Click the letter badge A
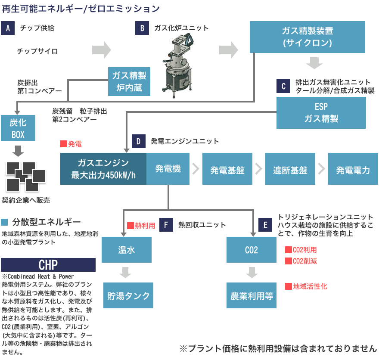8,28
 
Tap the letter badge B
142,28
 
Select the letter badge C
283,86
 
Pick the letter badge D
138,141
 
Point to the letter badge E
265,225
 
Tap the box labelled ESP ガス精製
321,113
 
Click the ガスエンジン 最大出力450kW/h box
103,169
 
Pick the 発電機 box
168,169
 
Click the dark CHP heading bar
48,264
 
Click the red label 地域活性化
307,286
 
